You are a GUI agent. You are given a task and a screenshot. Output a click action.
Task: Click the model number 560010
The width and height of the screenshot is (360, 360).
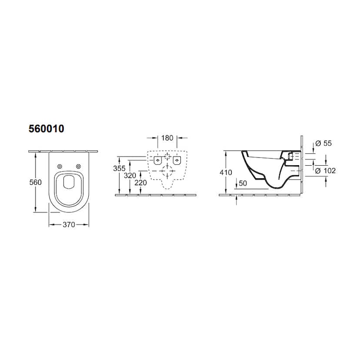point(47,129)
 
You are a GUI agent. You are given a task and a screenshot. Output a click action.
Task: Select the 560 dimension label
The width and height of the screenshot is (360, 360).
point(35,182)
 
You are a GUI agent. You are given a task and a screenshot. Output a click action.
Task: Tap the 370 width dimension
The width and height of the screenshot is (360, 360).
point(69,224)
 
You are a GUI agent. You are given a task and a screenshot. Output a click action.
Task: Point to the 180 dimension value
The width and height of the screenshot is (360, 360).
point(167,138)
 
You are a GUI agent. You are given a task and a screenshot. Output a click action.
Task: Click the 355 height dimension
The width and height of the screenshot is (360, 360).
point(119,168)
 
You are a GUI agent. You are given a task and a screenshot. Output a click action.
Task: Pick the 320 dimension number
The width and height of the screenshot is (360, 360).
point(130,176)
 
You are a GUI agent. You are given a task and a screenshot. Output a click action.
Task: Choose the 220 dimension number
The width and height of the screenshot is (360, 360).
point(140,183)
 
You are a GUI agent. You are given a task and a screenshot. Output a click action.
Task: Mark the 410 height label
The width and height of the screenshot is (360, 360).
point(226,173)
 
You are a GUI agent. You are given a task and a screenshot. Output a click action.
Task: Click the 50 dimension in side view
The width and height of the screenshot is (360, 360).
point(243,183)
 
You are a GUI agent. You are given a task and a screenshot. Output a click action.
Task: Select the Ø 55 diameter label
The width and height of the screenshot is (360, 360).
point(323,143)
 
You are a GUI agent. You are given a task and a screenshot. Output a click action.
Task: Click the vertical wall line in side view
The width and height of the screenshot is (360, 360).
point(301,165)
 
